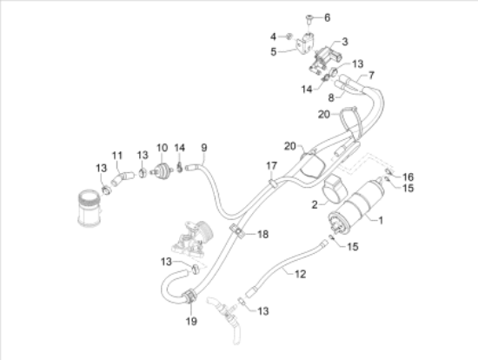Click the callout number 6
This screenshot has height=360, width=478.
[x=327, y=17]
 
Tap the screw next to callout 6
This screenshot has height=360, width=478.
[x=309, y=21]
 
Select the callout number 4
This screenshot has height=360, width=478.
[x=274, y=37]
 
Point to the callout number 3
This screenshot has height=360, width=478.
[x=345, y=42]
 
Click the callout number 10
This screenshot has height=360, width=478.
[x=163, y=148]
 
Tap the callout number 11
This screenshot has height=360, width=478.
[x=117, y=156]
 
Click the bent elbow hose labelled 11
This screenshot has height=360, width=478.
[x=123, y=178]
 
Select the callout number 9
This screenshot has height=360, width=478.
[x=204, y=148]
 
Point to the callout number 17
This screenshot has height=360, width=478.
[x=272, y=166]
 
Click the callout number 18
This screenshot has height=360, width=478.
[x=263, y=234]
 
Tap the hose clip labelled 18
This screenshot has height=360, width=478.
[x=237, y=230]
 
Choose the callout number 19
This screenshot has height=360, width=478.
[x=191, y=321]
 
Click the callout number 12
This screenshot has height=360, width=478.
[x=301, y=274]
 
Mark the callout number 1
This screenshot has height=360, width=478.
[x=381, y=220]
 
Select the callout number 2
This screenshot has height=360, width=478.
[x=315, y=204]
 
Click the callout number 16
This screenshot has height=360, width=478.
[x=408, y=177]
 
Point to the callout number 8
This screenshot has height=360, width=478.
[x=331, y=97]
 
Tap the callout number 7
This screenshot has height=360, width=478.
[x=371, y=75]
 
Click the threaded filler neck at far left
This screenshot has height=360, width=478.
[x=90, y=209]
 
